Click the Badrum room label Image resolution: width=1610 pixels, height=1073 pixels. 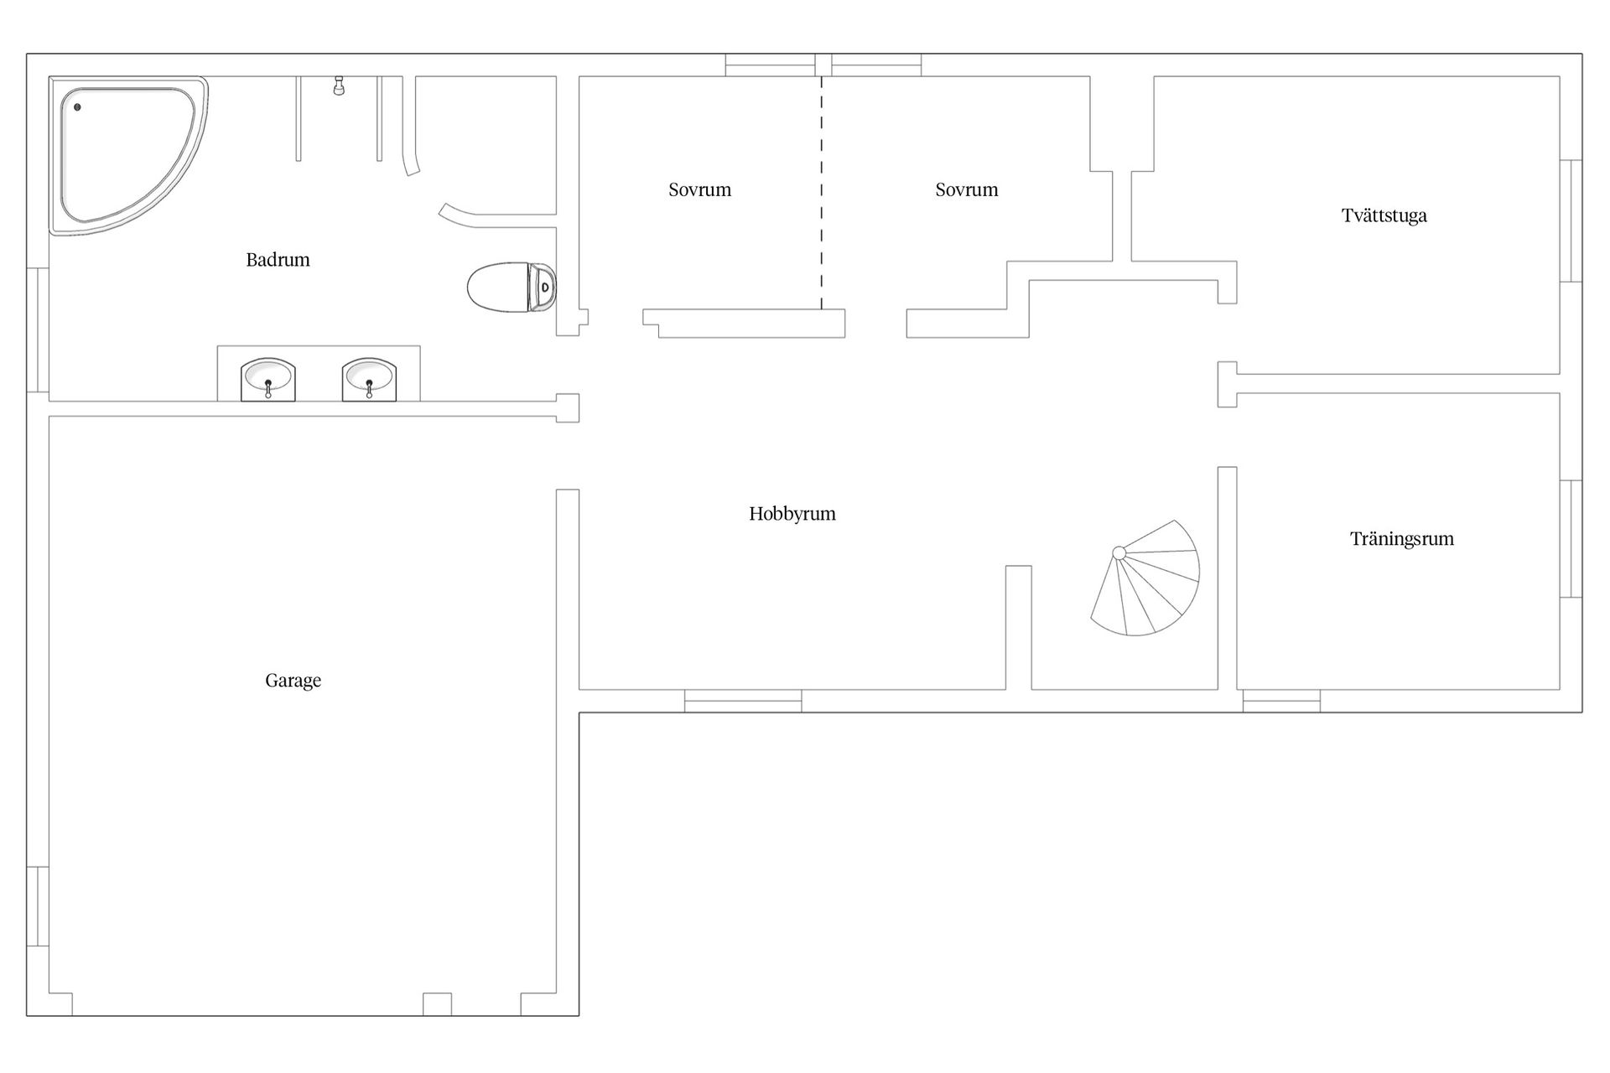278,260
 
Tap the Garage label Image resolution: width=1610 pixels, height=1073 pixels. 293,681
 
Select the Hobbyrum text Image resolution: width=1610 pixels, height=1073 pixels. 792,514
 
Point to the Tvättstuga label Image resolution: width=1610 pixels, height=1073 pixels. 1384,215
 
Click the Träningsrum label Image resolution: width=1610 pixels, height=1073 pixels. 1402,539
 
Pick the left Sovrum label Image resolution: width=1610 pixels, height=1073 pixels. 699,189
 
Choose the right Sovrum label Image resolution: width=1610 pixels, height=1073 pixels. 967,189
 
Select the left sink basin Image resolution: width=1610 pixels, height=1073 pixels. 268,380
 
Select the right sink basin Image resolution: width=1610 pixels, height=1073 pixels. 369,380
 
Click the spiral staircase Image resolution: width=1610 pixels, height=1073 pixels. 1145,578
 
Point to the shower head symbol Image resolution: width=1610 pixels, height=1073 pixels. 339,86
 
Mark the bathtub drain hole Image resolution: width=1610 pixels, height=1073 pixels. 77,107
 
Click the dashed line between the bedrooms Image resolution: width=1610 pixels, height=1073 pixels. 822,193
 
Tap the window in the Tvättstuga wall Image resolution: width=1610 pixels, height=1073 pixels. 1571,220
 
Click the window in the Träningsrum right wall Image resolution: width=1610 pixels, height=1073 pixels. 1571,538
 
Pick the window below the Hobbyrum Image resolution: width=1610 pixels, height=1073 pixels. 743,701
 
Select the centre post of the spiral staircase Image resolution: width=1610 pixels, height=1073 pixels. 1119,552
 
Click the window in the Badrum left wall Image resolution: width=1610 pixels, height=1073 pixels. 38,330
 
